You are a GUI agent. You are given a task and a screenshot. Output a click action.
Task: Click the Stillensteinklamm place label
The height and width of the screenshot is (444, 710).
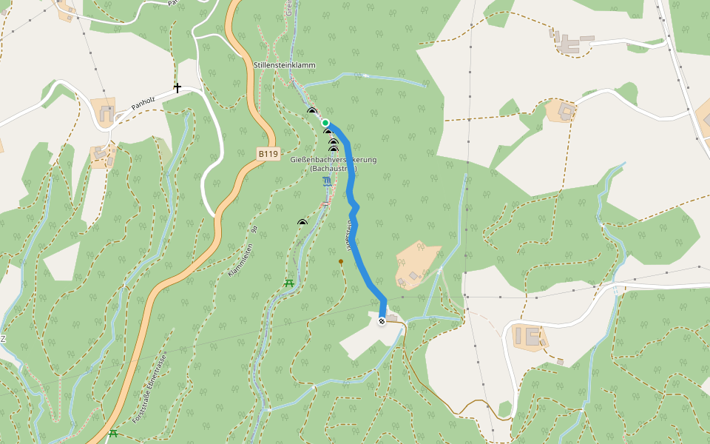[x=284, y=65]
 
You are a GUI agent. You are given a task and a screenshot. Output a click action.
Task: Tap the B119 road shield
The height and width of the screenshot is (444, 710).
[x=268, y=154]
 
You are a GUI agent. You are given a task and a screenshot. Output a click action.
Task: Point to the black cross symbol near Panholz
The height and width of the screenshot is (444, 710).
[x=177, y=88]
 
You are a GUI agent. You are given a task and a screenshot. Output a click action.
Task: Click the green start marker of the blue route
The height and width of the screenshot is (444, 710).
[x=325, y=123]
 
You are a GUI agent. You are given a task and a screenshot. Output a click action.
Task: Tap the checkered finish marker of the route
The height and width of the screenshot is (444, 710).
[x=382, y=321]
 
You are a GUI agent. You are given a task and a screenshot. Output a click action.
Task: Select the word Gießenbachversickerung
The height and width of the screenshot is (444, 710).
[x=334, y=160]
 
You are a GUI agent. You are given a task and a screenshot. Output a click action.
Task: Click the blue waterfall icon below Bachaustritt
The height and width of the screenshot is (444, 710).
[x=327, y=181]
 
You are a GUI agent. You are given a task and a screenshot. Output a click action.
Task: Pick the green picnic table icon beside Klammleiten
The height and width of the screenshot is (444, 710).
[x=289, y=283]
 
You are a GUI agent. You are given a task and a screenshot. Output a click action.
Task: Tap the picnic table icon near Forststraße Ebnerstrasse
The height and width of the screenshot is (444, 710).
[x=113, y=434]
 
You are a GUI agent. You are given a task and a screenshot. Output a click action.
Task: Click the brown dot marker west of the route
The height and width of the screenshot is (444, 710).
[x=341, y=261]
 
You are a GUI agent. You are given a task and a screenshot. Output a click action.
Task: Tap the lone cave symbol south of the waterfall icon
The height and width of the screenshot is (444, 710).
[x=302, y=221]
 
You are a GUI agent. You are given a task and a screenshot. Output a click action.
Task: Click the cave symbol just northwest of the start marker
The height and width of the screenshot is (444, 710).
[x=312, y=111]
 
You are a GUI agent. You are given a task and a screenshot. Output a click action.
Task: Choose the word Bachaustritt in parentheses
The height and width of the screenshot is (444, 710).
[x=334, y=169]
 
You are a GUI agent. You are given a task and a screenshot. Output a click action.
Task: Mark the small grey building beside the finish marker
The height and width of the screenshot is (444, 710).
[x=392, y=319]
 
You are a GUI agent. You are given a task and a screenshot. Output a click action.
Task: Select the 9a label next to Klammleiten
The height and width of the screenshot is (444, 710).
[x=254, y=230]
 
